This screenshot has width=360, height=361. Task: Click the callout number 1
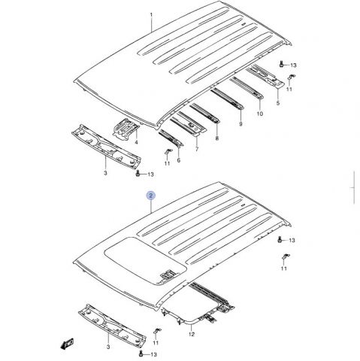click(x=151, y=15)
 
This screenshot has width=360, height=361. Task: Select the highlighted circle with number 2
click(x=151, y=196)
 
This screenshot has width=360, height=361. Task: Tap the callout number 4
click(x=136, y=142)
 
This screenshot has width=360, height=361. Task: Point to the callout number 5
click(x=278, y=103)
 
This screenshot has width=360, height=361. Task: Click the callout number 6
click(x=179, y=160)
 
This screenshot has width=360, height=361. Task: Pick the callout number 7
click(x=197, y=150)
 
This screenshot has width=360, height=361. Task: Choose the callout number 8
click(x=217, y=138)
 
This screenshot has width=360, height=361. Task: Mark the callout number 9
click(x=241, y=124)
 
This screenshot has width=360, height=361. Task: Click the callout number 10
click(x=260, y=114)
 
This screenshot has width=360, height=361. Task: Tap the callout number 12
click(x=192, y=334)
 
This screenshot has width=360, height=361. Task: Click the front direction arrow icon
click(x=67, y=343)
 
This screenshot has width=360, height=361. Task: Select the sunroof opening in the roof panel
click(x=145, y=261)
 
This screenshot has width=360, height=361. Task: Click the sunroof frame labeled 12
click(x=190, y=322)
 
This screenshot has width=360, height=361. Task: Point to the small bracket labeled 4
click(x=126, y=129)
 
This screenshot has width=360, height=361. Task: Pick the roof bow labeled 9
click(x=227, y=99)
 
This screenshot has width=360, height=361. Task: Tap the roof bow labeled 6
click(x=171, y=138)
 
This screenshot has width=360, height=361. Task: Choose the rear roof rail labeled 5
click(x=265, y=76)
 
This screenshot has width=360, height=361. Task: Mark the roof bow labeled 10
click(x=247, y=87)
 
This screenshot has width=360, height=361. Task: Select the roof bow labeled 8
click(x=204, y=114)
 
